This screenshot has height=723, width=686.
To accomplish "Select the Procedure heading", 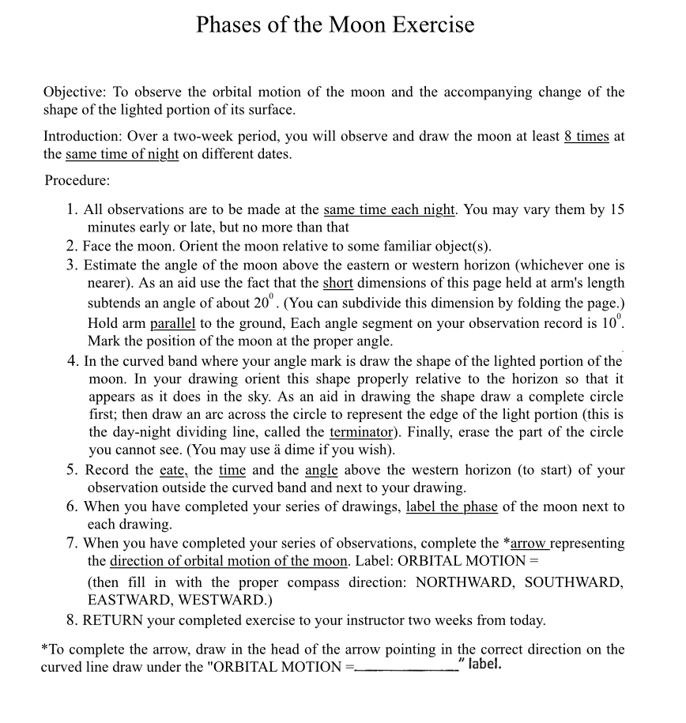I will tap(77, 180).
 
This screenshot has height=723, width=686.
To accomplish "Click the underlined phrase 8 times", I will tap(586, 136).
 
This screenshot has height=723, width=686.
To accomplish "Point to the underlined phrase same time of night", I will tap(122, 154).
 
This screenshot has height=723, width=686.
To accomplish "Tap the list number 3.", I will tap(72, 265).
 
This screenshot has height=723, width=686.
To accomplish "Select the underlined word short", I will tap(337, 283).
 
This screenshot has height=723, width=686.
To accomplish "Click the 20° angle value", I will tap(263, 303).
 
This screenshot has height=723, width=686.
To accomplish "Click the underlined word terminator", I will tap(361, 432).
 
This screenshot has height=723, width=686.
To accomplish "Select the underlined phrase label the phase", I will tap(451, 506).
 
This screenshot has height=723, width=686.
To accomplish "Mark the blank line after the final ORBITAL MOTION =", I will tap(405, 666).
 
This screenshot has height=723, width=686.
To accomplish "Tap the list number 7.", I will tap(72, 543).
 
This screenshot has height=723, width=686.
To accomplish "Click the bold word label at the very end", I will tap(485, 664).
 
